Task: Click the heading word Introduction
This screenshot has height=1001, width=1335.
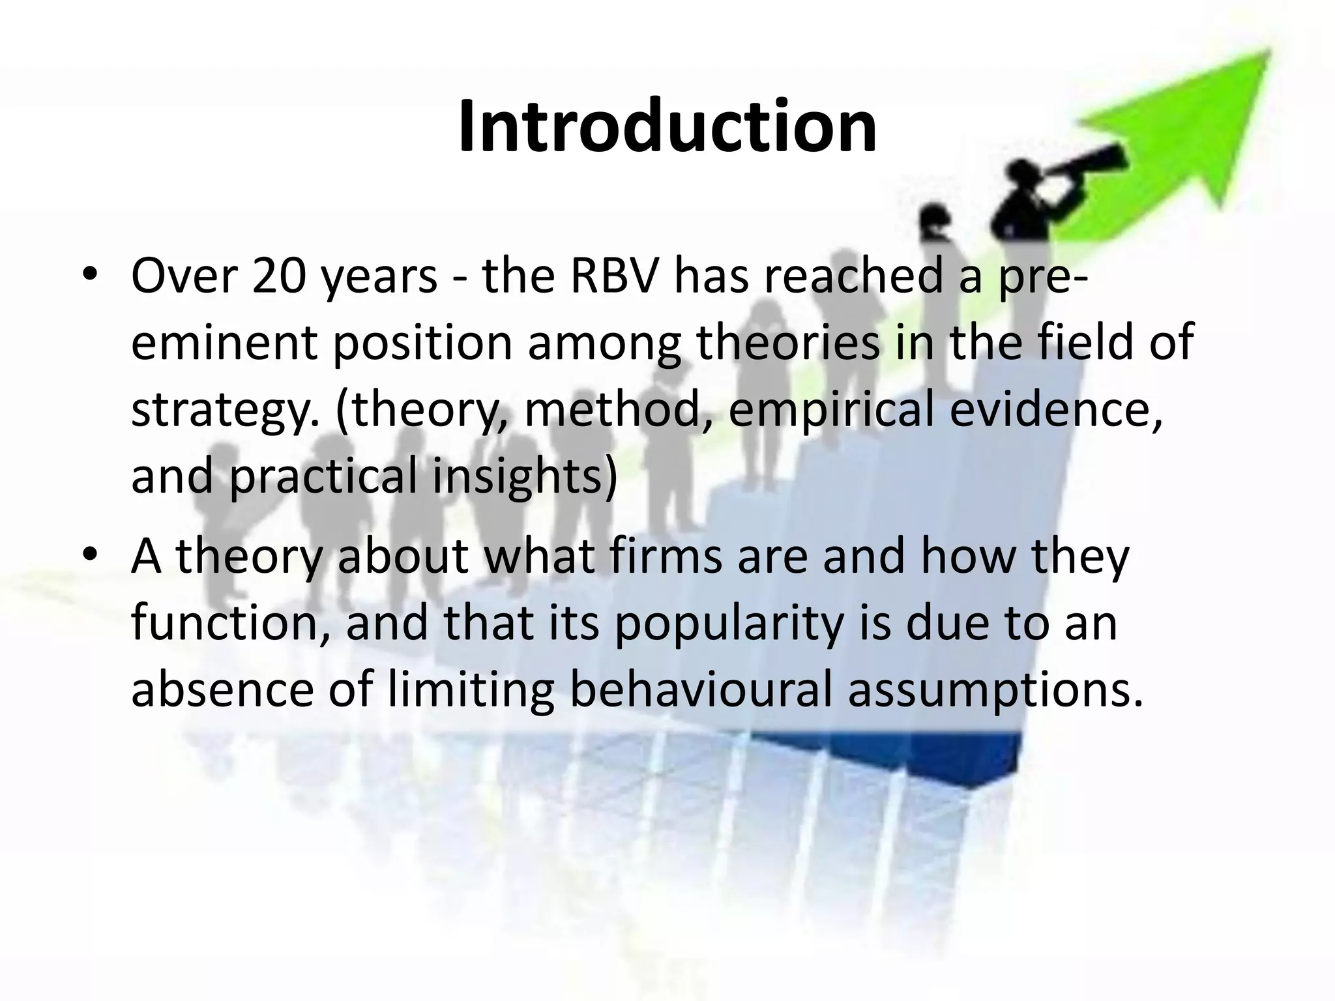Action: click(667, 127)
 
